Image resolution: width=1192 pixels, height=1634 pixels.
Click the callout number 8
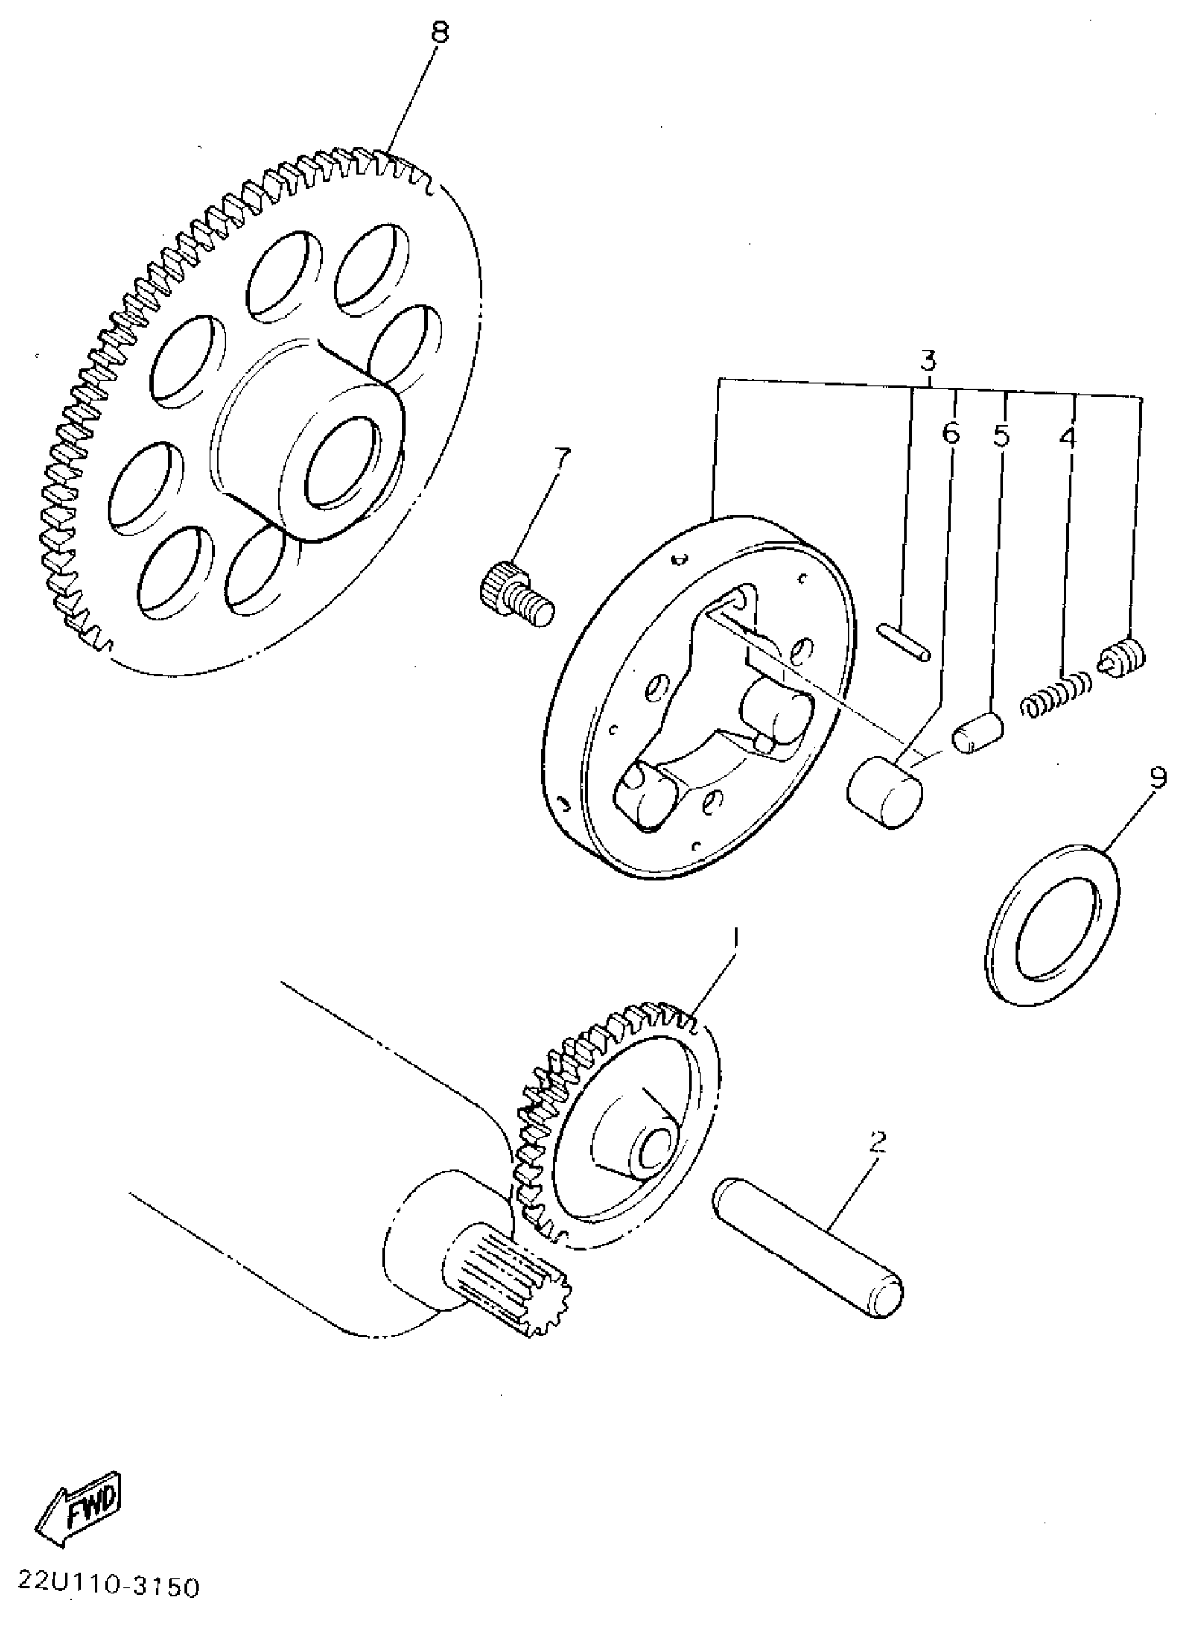point(440,33)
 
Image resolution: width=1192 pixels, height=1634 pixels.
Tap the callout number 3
point(928,360)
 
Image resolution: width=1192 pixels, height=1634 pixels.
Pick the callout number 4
point(1068,437)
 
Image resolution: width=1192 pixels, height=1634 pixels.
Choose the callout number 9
point(1157,777)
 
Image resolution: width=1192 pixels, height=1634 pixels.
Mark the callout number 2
point(877,1141)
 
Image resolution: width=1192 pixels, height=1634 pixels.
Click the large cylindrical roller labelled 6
point(885,789)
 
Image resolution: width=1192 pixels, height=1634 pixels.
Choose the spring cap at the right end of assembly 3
point(1122,657)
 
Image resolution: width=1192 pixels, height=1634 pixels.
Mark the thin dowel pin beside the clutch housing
point(904,641)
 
